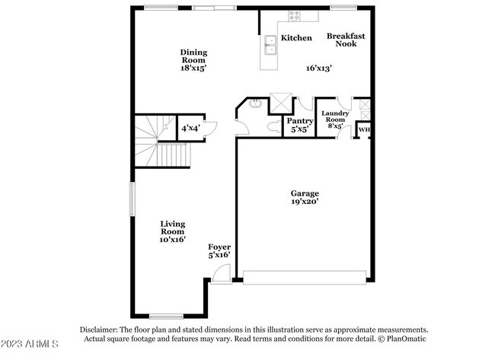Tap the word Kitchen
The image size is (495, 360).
pos(296,38)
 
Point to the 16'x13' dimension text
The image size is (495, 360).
pos(318,68)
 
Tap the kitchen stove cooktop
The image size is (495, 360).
pos(293,16)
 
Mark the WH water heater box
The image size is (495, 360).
pos(363,130)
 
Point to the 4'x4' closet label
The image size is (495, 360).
pos(189,128)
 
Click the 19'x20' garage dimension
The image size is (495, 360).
pos(305,202)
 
